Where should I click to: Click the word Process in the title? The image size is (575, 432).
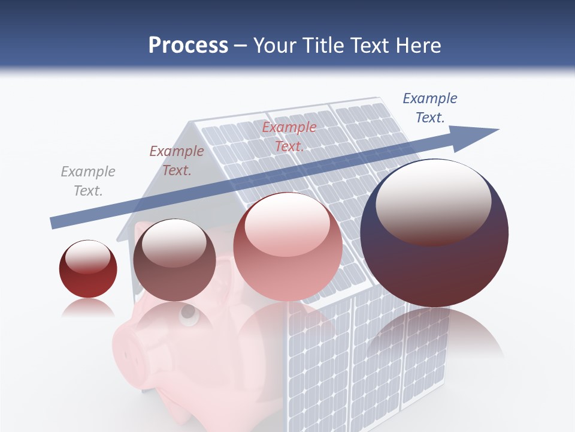point(188,46)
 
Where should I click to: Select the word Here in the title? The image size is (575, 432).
point(418,46)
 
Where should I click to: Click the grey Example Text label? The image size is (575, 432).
point(88,181)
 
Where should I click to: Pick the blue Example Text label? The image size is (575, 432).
point(430,108)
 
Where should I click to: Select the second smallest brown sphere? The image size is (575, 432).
point(174,260)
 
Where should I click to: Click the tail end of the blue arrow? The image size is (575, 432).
point(54,223)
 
